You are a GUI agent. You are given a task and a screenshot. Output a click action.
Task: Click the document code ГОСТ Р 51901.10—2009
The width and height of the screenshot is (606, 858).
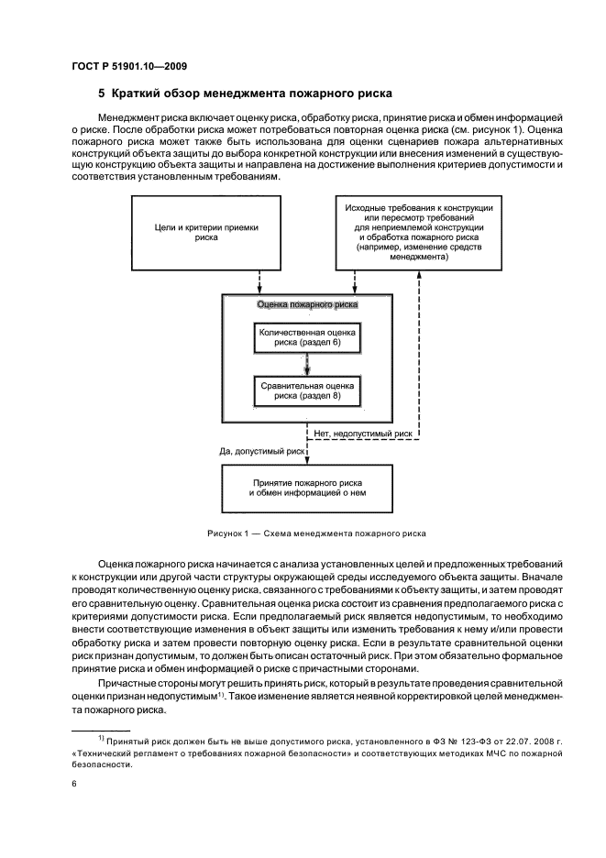pos(127,66)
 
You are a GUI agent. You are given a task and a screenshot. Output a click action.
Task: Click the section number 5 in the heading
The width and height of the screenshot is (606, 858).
pos(101,93)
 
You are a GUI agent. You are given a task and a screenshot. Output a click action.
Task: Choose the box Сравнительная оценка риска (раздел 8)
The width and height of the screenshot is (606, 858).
pos(306,391)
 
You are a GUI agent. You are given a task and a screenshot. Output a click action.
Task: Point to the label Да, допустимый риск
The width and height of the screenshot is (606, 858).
pos(261,451)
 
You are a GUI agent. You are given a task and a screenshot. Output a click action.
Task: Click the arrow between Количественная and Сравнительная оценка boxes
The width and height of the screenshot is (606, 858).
pos(307,365)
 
